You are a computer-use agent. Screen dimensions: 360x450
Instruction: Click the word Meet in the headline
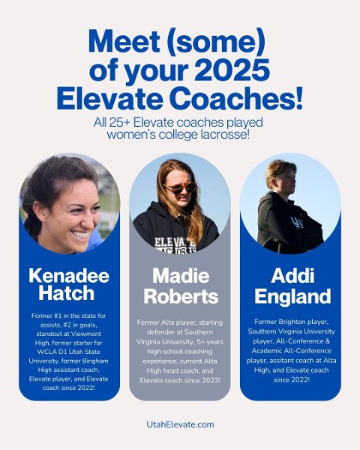tap(124, 41)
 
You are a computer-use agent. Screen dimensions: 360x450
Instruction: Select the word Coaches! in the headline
tap(236, 98)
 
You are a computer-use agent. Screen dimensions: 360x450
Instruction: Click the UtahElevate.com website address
tap(180, 424)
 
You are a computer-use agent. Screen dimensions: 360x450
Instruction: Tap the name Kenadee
tap(69, 276)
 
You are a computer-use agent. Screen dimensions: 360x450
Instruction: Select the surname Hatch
tap(67, 293)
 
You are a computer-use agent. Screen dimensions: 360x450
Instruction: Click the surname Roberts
tap(181, 296)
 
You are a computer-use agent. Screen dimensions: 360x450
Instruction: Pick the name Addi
tap(292, 275)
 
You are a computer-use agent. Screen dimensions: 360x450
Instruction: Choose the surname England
tap(292, 296)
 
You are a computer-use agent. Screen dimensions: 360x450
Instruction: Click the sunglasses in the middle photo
tap(180, 188)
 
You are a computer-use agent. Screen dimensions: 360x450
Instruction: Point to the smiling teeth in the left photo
tap(81, 235)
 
